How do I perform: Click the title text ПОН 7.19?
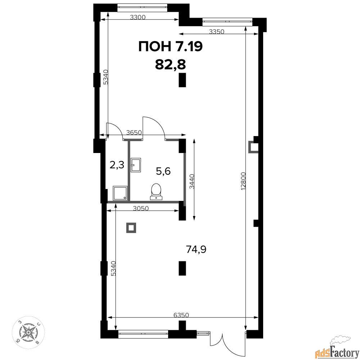click(171, 46)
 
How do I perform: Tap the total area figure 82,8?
click(170, 64)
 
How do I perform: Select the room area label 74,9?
click(196, 249)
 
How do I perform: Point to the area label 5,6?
click(163, 171)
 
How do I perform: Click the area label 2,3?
click(117, 165)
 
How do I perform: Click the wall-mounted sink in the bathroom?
click(136, 165)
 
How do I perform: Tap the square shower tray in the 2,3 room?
click(120, 193)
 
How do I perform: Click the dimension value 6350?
click(181, 315)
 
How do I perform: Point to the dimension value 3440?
click(192, 181)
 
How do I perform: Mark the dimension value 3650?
click(134, 132)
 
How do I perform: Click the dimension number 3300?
click(138, 17)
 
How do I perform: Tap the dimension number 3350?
click(216, 31)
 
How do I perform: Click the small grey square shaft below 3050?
click(131, 228)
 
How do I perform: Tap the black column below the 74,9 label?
click(182, 268)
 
